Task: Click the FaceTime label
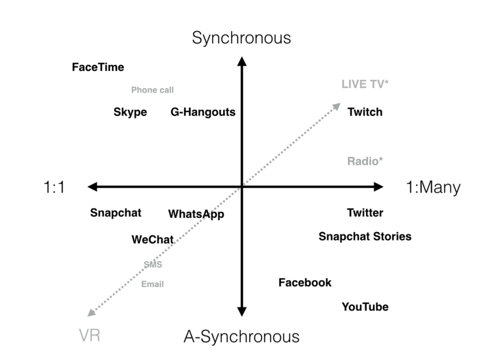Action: coord(98,67)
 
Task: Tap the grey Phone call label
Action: coord(152,90)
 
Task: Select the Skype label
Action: coord(130,112)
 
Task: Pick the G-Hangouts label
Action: coord(203,112)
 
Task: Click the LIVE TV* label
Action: coord(365,84)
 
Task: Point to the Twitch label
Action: coord(365,112)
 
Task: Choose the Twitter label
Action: coord(365,213)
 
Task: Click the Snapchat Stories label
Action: coord(365,236)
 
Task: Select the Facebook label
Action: coord(305,283)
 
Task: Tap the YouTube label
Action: coord(365,307)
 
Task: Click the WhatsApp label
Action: coord(196,214)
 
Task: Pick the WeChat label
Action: coord(153,239)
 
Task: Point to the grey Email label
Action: coord(152,284)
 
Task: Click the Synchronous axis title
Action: coord(241,38)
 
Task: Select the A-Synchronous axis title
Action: coord(241,337)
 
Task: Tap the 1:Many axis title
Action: coord(433,187)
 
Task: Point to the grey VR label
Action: coord(89,336)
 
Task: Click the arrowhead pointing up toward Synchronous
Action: coord(241,61)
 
